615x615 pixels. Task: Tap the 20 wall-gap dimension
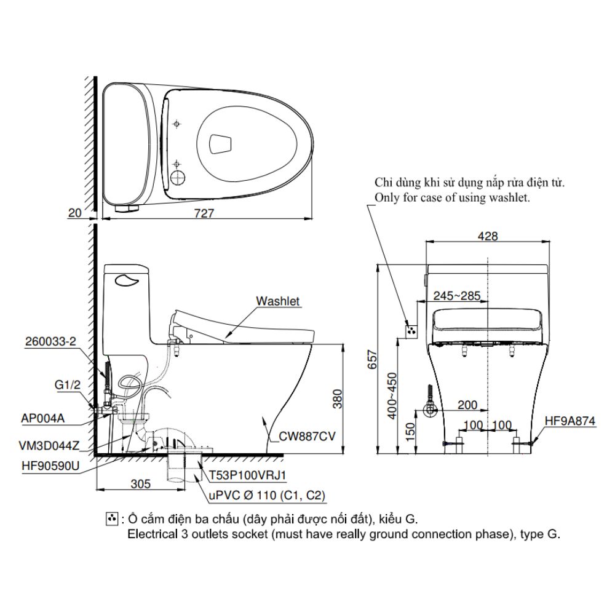(x=75, y=213)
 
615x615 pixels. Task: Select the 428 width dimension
(x=487, y=236)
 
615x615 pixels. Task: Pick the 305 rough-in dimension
(x=140, y=484)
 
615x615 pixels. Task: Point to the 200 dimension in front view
(x=467, y=405)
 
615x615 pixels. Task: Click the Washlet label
(x=278, y=301)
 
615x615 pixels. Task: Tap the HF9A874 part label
(x=570, y=422)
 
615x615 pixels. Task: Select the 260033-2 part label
(x=51, y=342)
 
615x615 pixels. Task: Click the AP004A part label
(x=43, y=419)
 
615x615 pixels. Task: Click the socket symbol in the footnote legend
(x=111, y=520)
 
